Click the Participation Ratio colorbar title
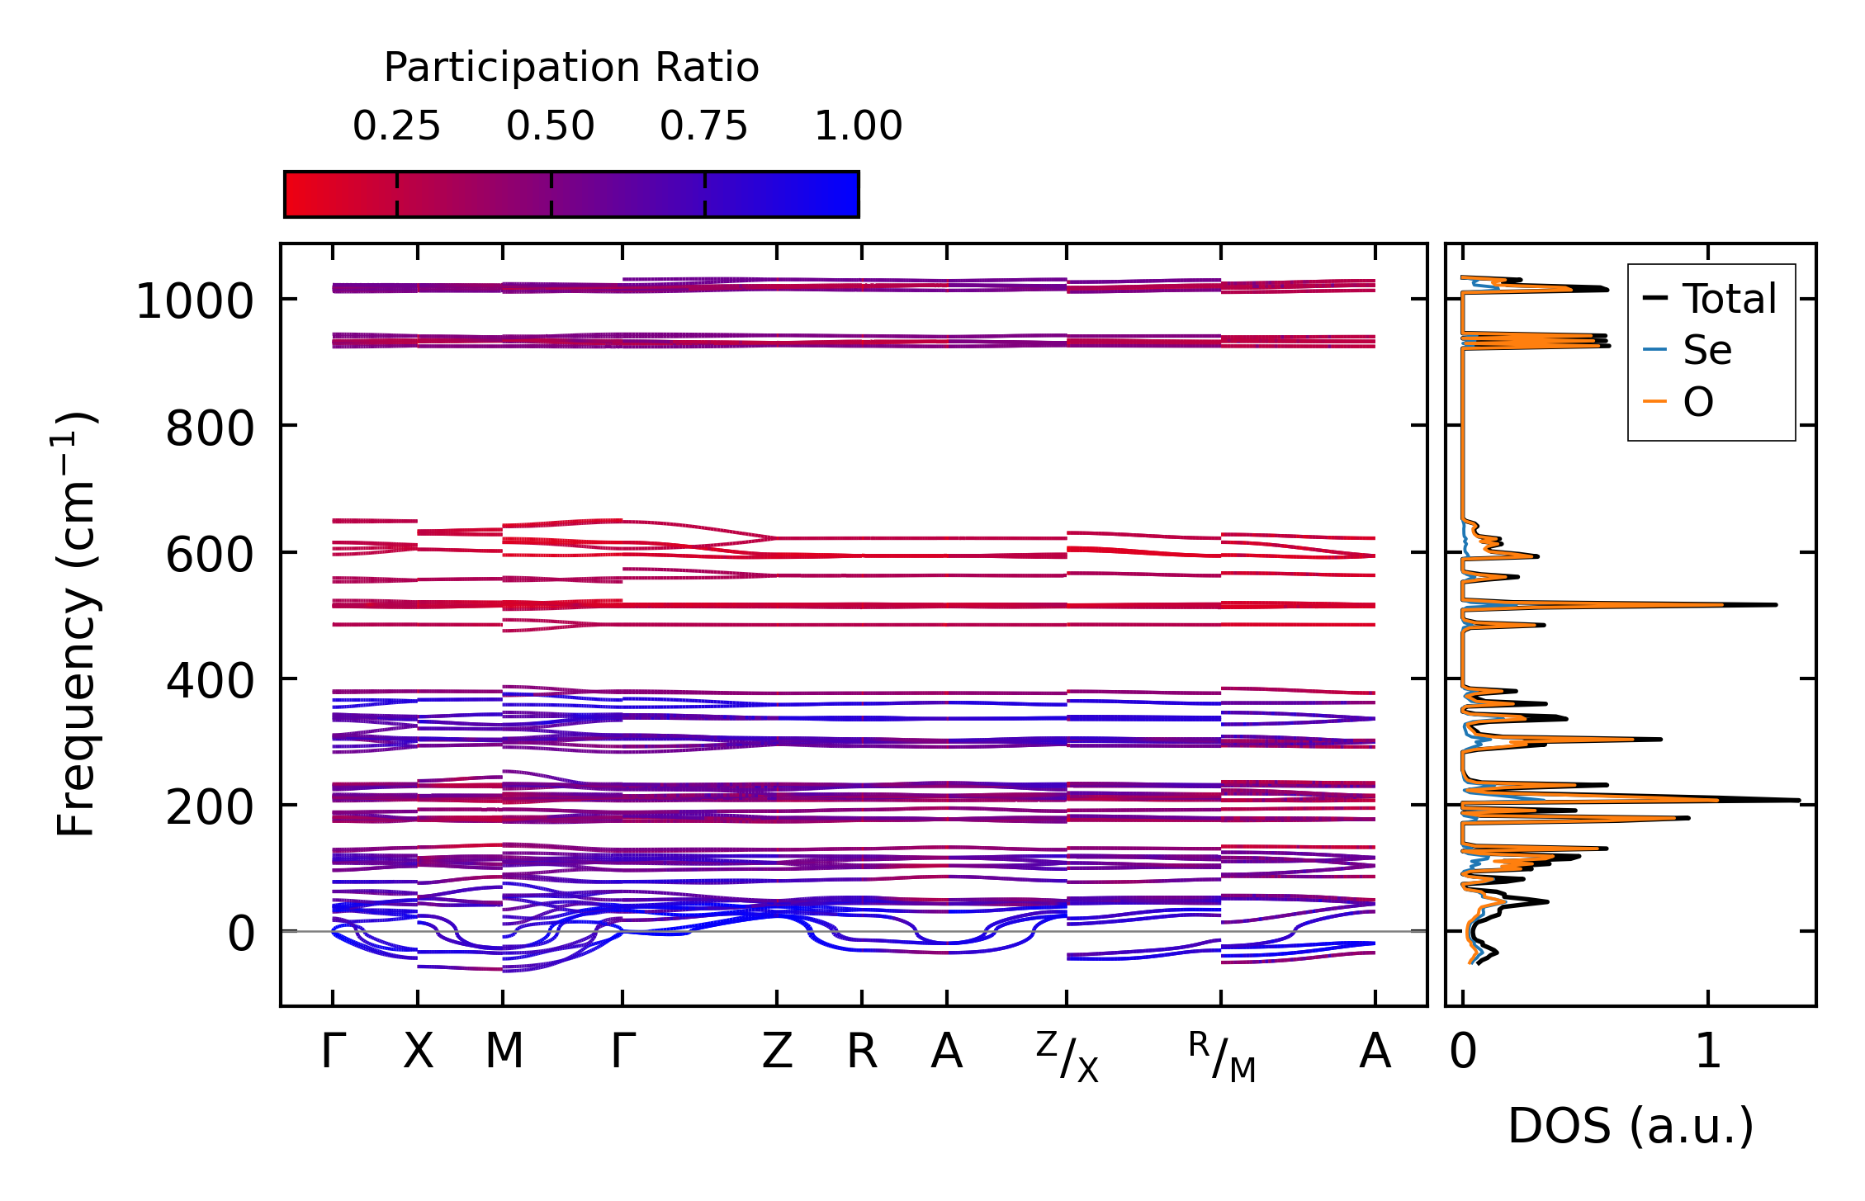(x=570, y=68)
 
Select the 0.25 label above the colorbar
(x=396, y=126)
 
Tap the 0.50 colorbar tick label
(x=550, y=126)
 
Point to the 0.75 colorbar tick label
(x=703, y=126)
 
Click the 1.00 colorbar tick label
(x=858, y=126)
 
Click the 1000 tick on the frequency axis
(x=194, y=301)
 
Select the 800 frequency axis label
(x=210, y=428)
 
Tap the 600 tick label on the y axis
(x=210, y=555)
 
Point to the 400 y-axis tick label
(x=210, y=682)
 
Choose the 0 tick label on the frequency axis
(x=241, y=934)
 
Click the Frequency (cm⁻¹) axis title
(x=76, y=624)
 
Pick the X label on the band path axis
(x=418, y=1052)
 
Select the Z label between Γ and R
(x=777, y=1052)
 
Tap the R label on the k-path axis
(x=862, y=1052)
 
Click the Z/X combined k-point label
(x=1067, y=1057)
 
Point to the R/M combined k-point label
(x=1221, y=1057)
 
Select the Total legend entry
(x=1729, y=298)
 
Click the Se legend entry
(x=1706, y=350)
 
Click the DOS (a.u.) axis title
(x=1631, y=1126)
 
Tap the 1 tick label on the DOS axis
(x=1707, y=1052)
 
